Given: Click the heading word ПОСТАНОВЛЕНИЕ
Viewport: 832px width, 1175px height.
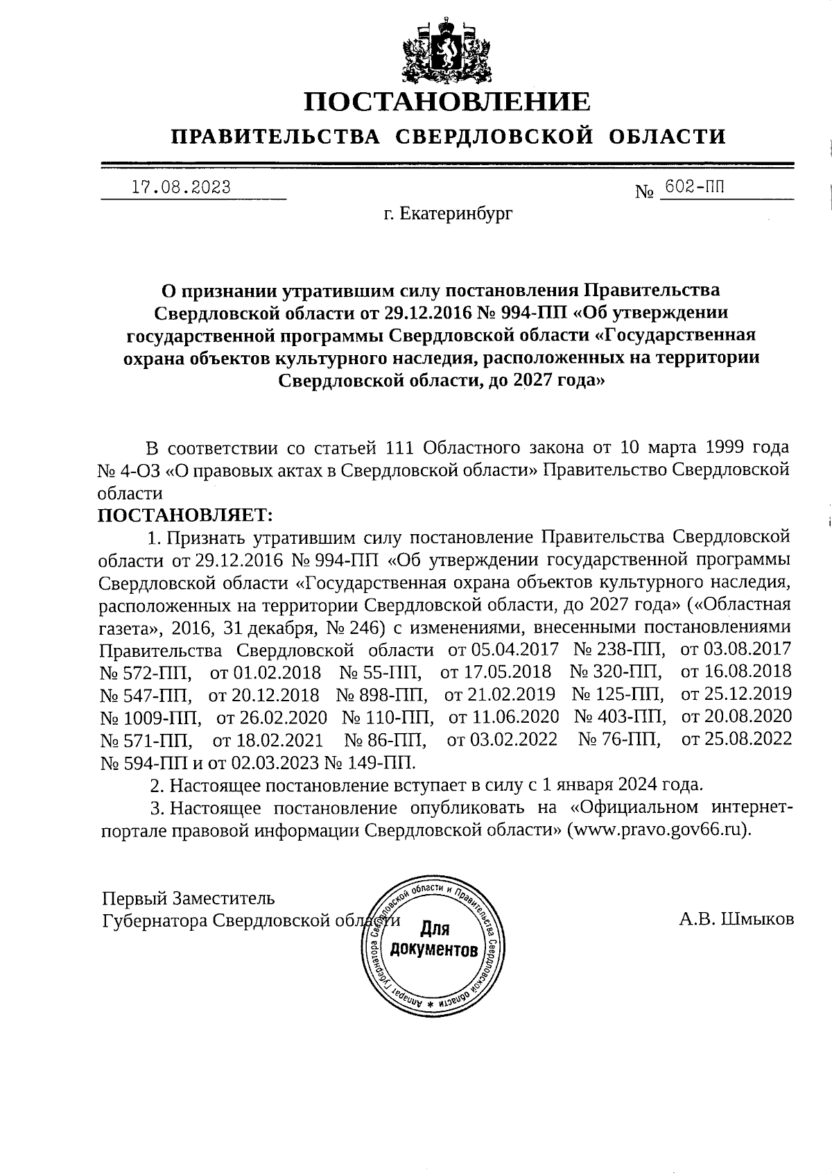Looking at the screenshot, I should click(448, 102).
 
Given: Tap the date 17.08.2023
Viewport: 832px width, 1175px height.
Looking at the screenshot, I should click(181, 187).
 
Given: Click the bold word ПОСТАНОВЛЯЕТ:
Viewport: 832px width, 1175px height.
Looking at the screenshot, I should click(186, 515).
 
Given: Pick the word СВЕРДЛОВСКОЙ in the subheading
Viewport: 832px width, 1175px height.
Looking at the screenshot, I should click(495, 136).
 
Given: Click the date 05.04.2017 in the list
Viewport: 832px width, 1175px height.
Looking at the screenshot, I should click(514, 651).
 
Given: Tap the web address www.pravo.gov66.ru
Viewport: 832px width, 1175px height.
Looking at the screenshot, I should click(659, 830).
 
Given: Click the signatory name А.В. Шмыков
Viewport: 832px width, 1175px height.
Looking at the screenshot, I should click(736, 919).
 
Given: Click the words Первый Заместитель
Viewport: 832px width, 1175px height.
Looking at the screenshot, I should click(189, 898).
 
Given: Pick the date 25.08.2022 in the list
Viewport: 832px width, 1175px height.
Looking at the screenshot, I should click(736, 739).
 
